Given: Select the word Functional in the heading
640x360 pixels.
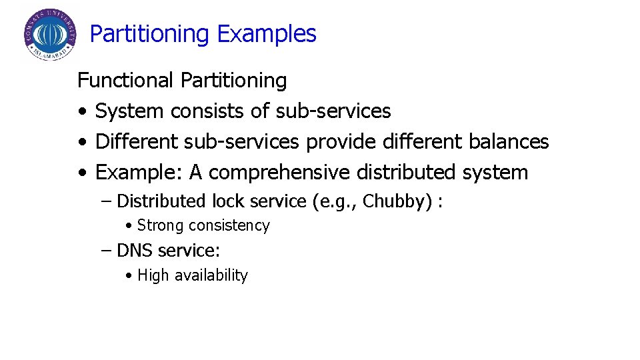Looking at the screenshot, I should click(126, 81).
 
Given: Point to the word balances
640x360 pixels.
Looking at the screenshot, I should click(509, 141).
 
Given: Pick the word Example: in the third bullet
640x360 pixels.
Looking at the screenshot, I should click(139, 173).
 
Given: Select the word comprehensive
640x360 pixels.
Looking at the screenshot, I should click(279, 173).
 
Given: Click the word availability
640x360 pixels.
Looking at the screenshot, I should click(211, 275).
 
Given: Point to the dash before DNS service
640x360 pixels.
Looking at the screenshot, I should click(107, 251).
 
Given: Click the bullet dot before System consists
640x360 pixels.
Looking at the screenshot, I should click(81, 111).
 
